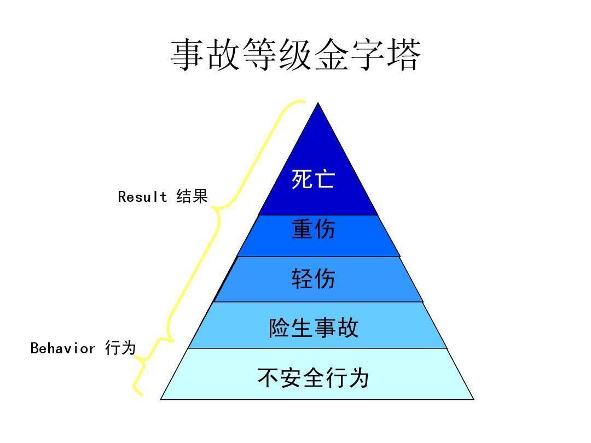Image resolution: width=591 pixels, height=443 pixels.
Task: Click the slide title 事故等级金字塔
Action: pyautogui.click(x=296, y=55)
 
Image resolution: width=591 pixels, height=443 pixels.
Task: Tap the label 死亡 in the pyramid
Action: pyautogui.click(x=313, y=179)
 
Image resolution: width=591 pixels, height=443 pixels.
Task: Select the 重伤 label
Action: pyautogui.click(x=313, y=229)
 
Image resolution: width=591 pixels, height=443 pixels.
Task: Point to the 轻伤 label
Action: pyautogui.click(x=313, y=279)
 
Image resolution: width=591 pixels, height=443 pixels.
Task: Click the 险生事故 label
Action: pyautogui.click(x=314, y=328)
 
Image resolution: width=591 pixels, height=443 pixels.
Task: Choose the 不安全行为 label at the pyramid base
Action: pyautogui.click(x=314, y=378)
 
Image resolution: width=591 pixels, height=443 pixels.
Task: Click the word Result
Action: pyautogui.click(x=143, y=197)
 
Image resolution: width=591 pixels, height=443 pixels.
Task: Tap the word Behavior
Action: pyautogui.click(x=63, y=348)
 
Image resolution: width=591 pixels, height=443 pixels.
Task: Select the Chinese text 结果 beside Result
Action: pyautogui.click(x=192, y=197)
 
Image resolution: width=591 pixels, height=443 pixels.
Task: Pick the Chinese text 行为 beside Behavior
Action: pyautogui.click(x=120, y=348)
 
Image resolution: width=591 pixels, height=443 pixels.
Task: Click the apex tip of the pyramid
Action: pyautogui.click(x=318, y=104)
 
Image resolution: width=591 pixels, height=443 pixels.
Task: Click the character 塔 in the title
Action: pyautogui.click(x=402, y=55)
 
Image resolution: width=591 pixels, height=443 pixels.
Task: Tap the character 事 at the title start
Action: pyautogui.click(x=189, y=55)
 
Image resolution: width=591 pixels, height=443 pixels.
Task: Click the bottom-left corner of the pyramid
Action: pyautogui.click(x=161, y=399)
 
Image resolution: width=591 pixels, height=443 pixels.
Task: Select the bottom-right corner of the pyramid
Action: pyautogui.click(x=473, y=399)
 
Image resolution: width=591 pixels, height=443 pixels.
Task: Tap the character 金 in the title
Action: pyautogui.click(x=331, y=55)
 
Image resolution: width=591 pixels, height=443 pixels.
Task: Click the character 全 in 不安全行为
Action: pyautogui.click(x=314, y=378)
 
